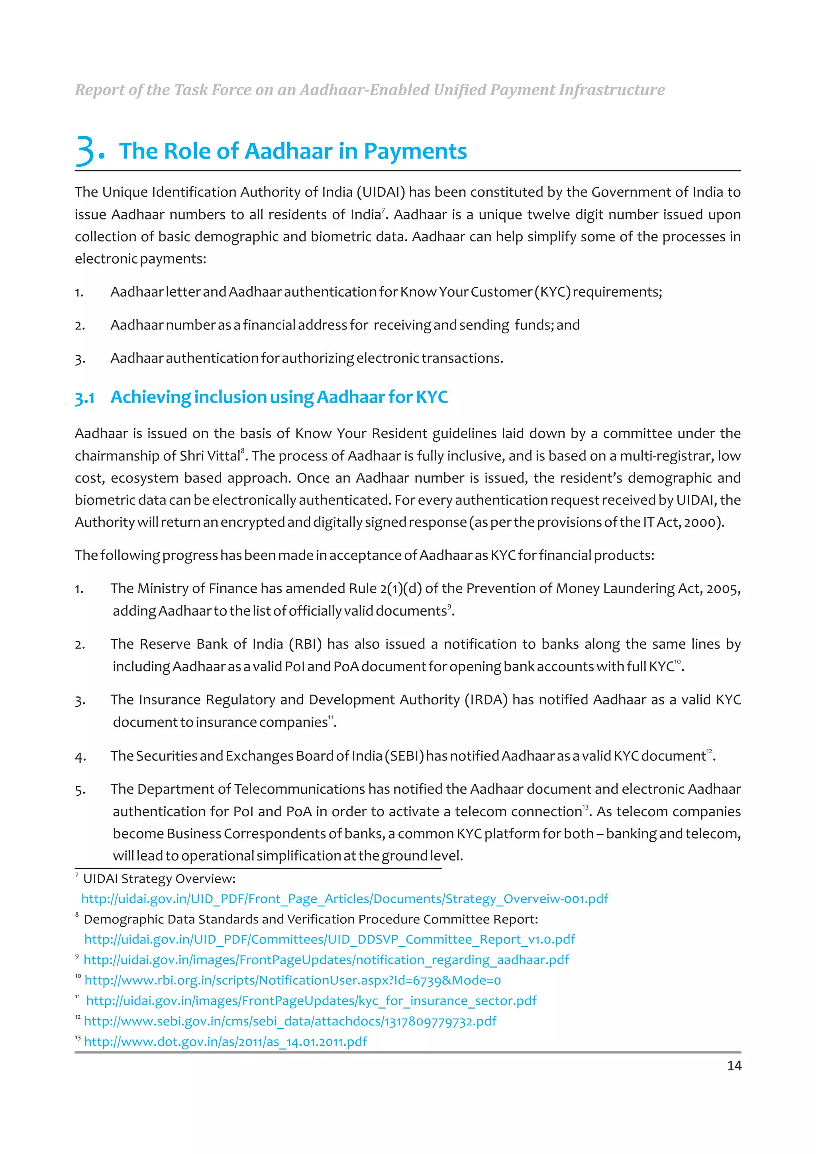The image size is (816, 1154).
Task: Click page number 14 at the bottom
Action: coord(734,1066)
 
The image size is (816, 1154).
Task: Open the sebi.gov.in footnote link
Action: coord(290,1021)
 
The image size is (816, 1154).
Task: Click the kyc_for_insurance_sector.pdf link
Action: coord(311,1001)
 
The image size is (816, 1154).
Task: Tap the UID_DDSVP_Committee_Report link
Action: coord(330,939)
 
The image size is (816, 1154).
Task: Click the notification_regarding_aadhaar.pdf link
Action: coord(326,960)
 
